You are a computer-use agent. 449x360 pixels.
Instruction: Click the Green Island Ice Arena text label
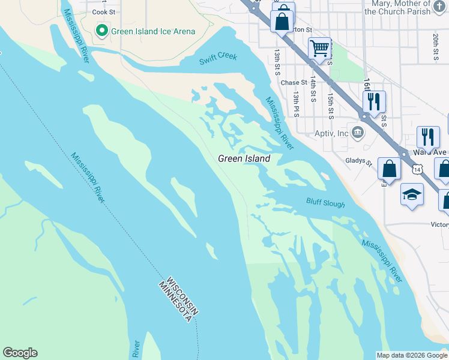click(152, 31)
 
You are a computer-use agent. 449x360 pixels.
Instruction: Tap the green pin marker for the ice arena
click(102, 31)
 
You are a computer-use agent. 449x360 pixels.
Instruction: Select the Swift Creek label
click(218, 59)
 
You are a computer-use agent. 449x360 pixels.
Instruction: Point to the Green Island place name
click(244, 158)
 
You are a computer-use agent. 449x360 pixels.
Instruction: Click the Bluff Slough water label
click(325, 203)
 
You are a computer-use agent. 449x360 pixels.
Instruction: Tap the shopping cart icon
click(320, 47)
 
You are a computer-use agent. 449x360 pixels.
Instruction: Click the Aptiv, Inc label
click(331, 133)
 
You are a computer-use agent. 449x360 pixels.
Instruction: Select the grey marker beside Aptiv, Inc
click(358, 133)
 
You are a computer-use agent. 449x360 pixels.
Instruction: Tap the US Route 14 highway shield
click(416, 170)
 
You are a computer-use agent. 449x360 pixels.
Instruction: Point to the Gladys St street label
click(358, 161)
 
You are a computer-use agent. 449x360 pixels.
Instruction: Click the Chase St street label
click(294, 83)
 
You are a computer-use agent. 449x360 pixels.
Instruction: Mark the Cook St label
click(103, 11)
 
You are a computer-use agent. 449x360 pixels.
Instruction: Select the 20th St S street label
click(435, 47)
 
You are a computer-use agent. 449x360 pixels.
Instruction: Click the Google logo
click(20, 352)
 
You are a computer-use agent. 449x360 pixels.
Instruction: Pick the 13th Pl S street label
click(296, 104)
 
